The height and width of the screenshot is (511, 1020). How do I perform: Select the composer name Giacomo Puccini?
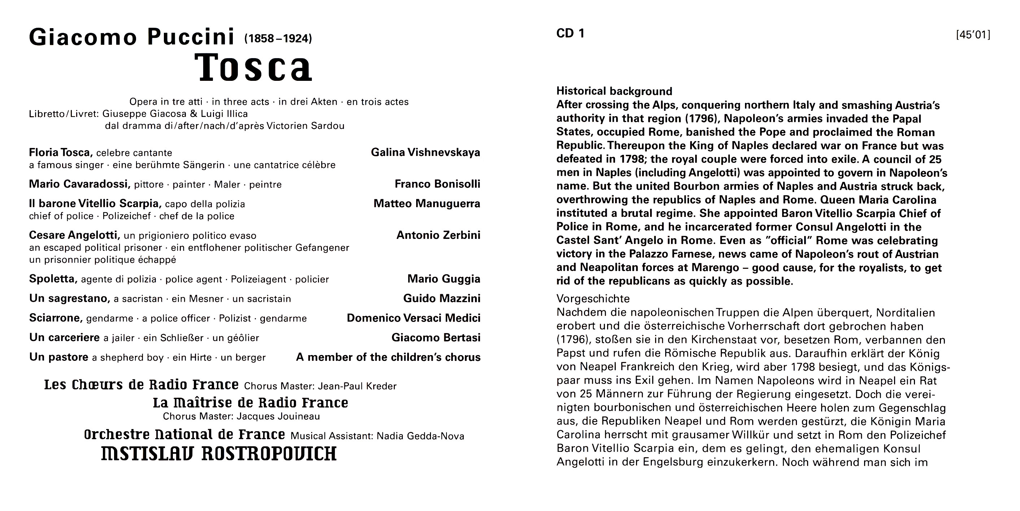pyautogui.click(x=132, y=37)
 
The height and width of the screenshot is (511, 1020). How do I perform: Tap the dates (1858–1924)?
pyautogui.click(x=278, y=39)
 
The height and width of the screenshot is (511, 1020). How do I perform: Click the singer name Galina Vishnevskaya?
pyautogui.click(x=425, y=153)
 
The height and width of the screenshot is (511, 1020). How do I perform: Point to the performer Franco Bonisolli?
pyautogui.click(x=437, y=184)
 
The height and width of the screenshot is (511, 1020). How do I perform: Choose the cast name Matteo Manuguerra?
pyautogui.click(x=427, y=204)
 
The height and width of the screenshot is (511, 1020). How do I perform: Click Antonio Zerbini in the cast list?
pyautogui.click(x=438, y=236)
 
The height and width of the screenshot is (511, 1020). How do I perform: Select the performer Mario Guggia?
pyautogui.click(x=444, y=279)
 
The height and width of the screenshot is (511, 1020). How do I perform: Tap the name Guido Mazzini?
pyautogui.click(x=441, y=298)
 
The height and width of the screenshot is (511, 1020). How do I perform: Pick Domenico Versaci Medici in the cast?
pyautogui.click(x=413, y=318)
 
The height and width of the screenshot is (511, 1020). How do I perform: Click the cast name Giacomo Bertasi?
pyautogui.click(x=436, y=338)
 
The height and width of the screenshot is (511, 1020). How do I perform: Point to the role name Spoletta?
pyautogui.click(x=52, y=279)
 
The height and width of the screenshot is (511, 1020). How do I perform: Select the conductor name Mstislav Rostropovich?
pyautogui.click(x=219, y=454)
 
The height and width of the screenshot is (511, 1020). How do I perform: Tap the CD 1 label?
pyautogui.click(x=570, y=34)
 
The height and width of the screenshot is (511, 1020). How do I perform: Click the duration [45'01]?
pyautogui.click(x=973, y=35)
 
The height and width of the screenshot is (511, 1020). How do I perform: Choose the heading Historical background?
pyautogui.click(x=614, y=91)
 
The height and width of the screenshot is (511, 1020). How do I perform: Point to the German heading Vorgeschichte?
pyautogui.click(x=593, y=298)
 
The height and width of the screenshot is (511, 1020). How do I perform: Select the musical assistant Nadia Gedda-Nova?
pyautogui.click(x=420, y=436)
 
